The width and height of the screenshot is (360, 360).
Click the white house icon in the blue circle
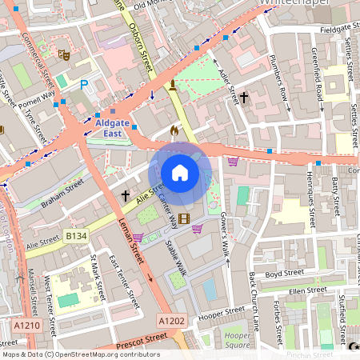click(x=180, y=173)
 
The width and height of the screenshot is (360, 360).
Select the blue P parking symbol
click(x=84, y=84)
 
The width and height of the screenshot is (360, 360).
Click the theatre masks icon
click(x=63, y=55)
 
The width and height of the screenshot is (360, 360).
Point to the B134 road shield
click(x=76, y=236)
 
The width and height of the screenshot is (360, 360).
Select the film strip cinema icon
click(x=185, y=218)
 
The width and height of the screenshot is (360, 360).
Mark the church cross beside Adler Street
click(x=244, y=98)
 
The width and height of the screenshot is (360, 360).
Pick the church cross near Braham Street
click(x=125, y=194)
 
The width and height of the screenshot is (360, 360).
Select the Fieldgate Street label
click(x=331, y=29)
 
